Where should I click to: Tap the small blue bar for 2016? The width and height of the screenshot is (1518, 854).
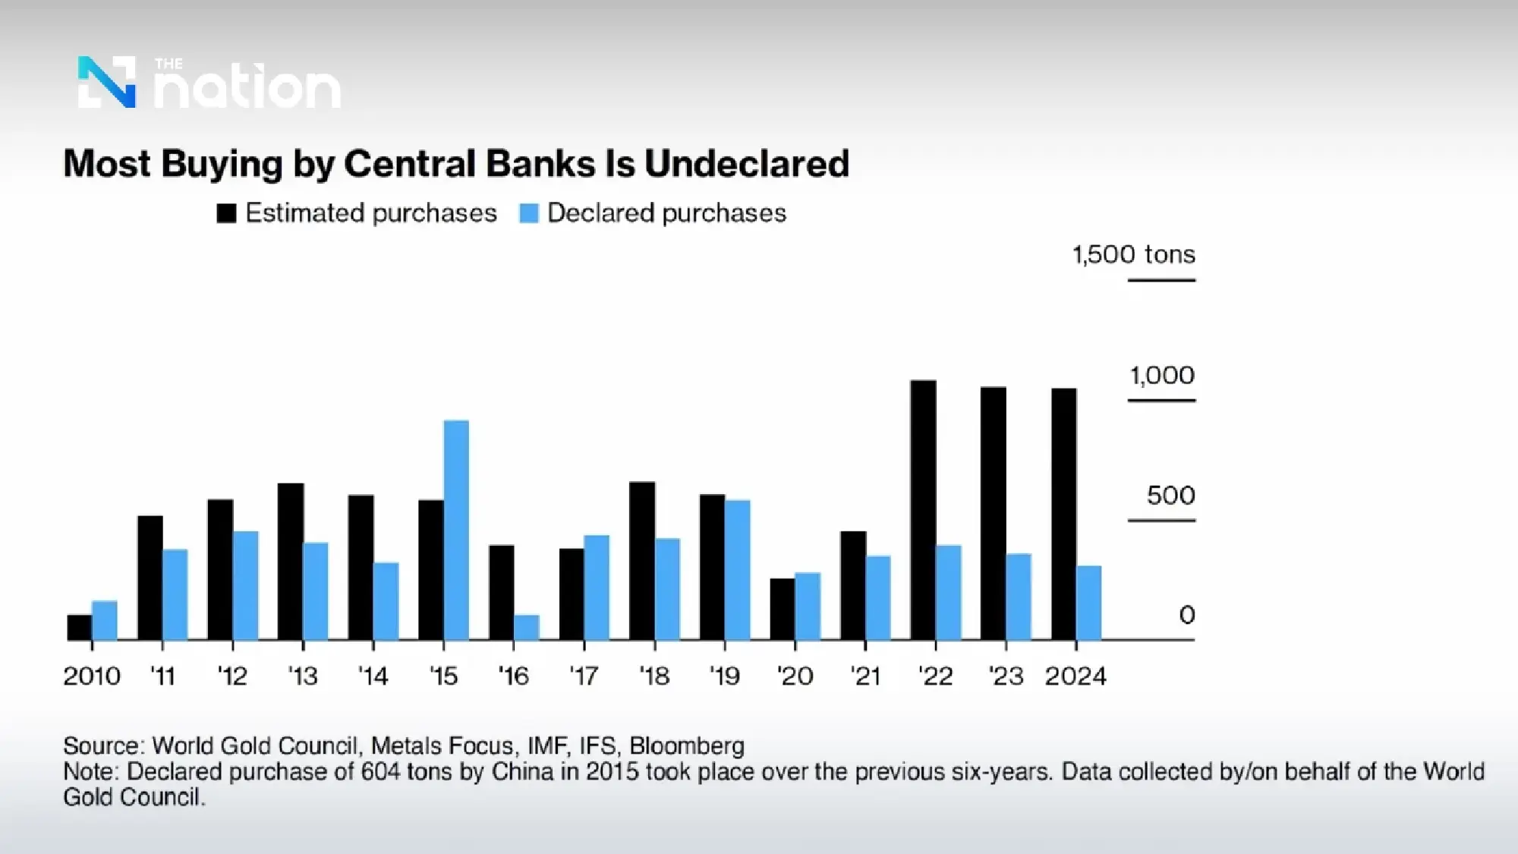pyautogui.click(x=527, y=627)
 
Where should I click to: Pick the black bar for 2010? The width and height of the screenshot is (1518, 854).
pyautogui.click(x=80, y=627)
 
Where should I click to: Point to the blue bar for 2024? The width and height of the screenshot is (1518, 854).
pyautogui.click(x=1089, y=603)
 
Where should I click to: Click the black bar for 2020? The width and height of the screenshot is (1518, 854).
pyautogui.click(x=783, y=609)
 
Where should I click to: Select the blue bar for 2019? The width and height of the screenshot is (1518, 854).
pyautogui.click(x=738, y=569)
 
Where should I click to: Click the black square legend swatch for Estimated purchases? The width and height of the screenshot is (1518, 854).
pyautogui.click(x=226, y=213)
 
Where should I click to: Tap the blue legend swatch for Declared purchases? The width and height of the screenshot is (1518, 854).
pyautogui.click(x=528, y=213)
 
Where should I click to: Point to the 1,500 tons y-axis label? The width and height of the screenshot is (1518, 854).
pyautogui.click(x=1133, y=254)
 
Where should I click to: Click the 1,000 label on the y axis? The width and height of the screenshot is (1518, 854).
pyautogui.click(x=1162, y=375)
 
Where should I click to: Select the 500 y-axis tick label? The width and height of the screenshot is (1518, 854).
pyautogui.click(x=1170, y=496)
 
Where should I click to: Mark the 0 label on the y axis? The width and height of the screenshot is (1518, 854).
pyautogui.click(x=1186, y=615)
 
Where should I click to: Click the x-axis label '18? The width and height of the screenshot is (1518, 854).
pyautogui.click(x=654, y=676)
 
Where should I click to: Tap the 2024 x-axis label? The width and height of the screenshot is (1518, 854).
pyautogui.click(x=1076, y=676)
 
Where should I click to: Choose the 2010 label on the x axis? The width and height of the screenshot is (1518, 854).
pyautogui.click(x=92, y=676)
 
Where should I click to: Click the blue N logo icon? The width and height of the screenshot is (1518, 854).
pyautogui.click(x=107, y=82)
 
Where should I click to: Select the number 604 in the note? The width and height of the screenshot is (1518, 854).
pyautogui.click(x=379, y=772)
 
